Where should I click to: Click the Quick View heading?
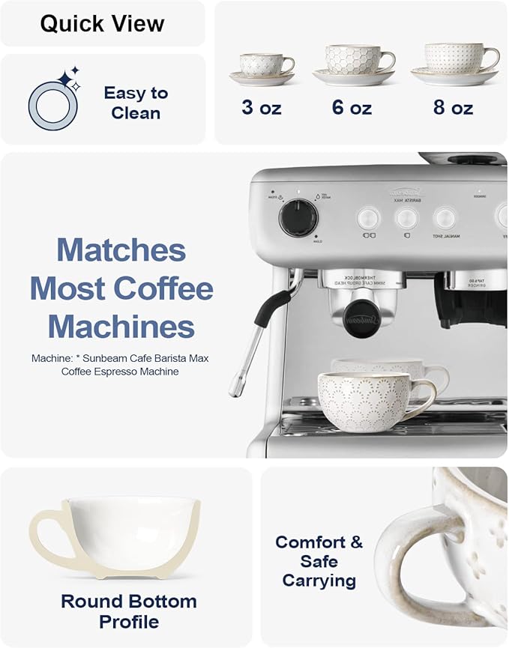(102, 23)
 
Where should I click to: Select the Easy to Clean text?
(136, 103)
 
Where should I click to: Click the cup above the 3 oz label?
(262, 65)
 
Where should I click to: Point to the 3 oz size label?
(262, 108)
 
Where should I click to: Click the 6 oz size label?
(352, 108)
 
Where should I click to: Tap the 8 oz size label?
(453, 108)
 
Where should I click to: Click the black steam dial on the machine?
(298, 217)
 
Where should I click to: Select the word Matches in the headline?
(121, 249)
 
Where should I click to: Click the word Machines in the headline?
(121, 327)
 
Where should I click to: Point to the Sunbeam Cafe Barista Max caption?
(120, 365)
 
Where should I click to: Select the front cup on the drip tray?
(368, 396)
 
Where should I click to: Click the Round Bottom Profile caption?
(129, 611)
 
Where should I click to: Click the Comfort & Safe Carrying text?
(319, 561)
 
